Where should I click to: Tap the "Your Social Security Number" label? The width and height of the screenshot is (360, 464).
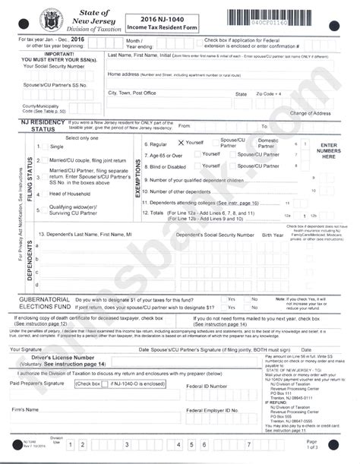click(49, 66)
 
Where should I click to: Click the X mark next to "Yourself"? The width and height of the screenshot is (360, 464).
click(181, 143)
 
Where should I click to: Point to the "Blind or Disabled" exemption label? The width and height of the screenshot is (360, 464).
click(169, 166)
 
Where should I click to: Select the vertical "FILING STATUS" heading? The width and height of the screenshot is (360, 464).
click(30, 175)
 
